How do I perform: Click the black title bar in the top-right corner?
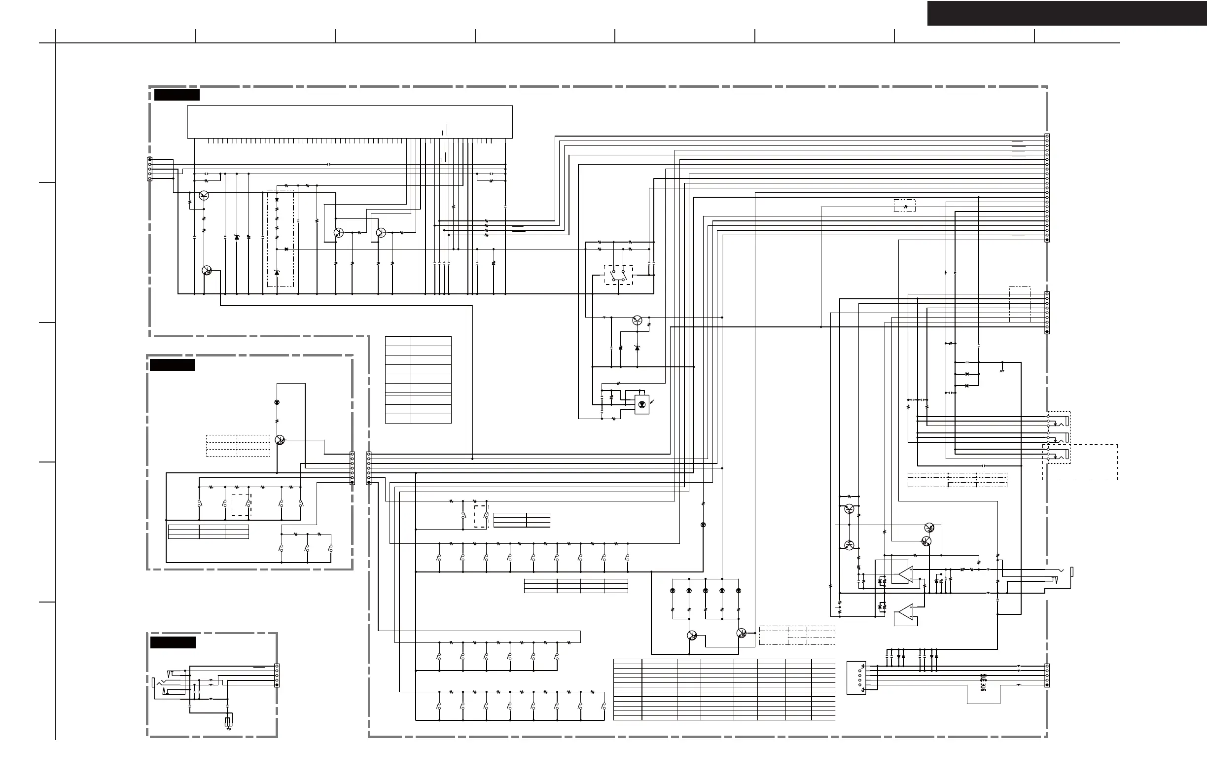pyautogui.click(x=1066, y=13)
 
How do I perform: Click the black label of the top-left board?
pyautogui.click(x=177, y=95)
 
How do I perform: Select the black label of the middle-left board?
pyautogui.click(x=172, y=365)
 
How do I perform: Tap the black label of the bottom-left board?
pyautogui.click(x=173, y=642)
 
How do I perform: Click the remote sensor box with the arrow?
pyautogui.click(x=642, y=404)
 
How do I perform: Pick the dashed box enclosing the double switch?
pyautogui.click(x=618, y=275)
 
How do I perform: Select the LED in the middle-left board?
pyautogui.click(x=277, y=402)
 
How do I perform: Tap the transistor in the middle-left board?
pyautogui.click(x=280, y=440)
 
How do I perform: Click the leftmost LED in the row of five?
pyautogui.click(x=673, y=591)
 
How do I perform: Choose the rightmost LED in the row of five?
pyautogui.click(x=738, y=591)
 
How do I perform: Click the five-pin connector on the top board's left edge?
pyautogui.click(x=150, y=169)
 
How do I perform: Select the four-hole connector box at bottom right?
pyautogui.click(x=856, y=678)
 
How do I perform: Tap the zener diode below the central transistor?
pyautogui.click(x=638, y=348)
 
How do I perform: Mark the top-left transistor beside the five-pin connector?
pyautogui.click(x=204, y=195)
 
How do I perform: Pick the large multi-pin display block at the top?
pyautogui.click(x=350, y=122)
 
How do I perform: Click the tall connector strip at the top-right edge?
pyautogui.click(x=1047, y=188)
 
